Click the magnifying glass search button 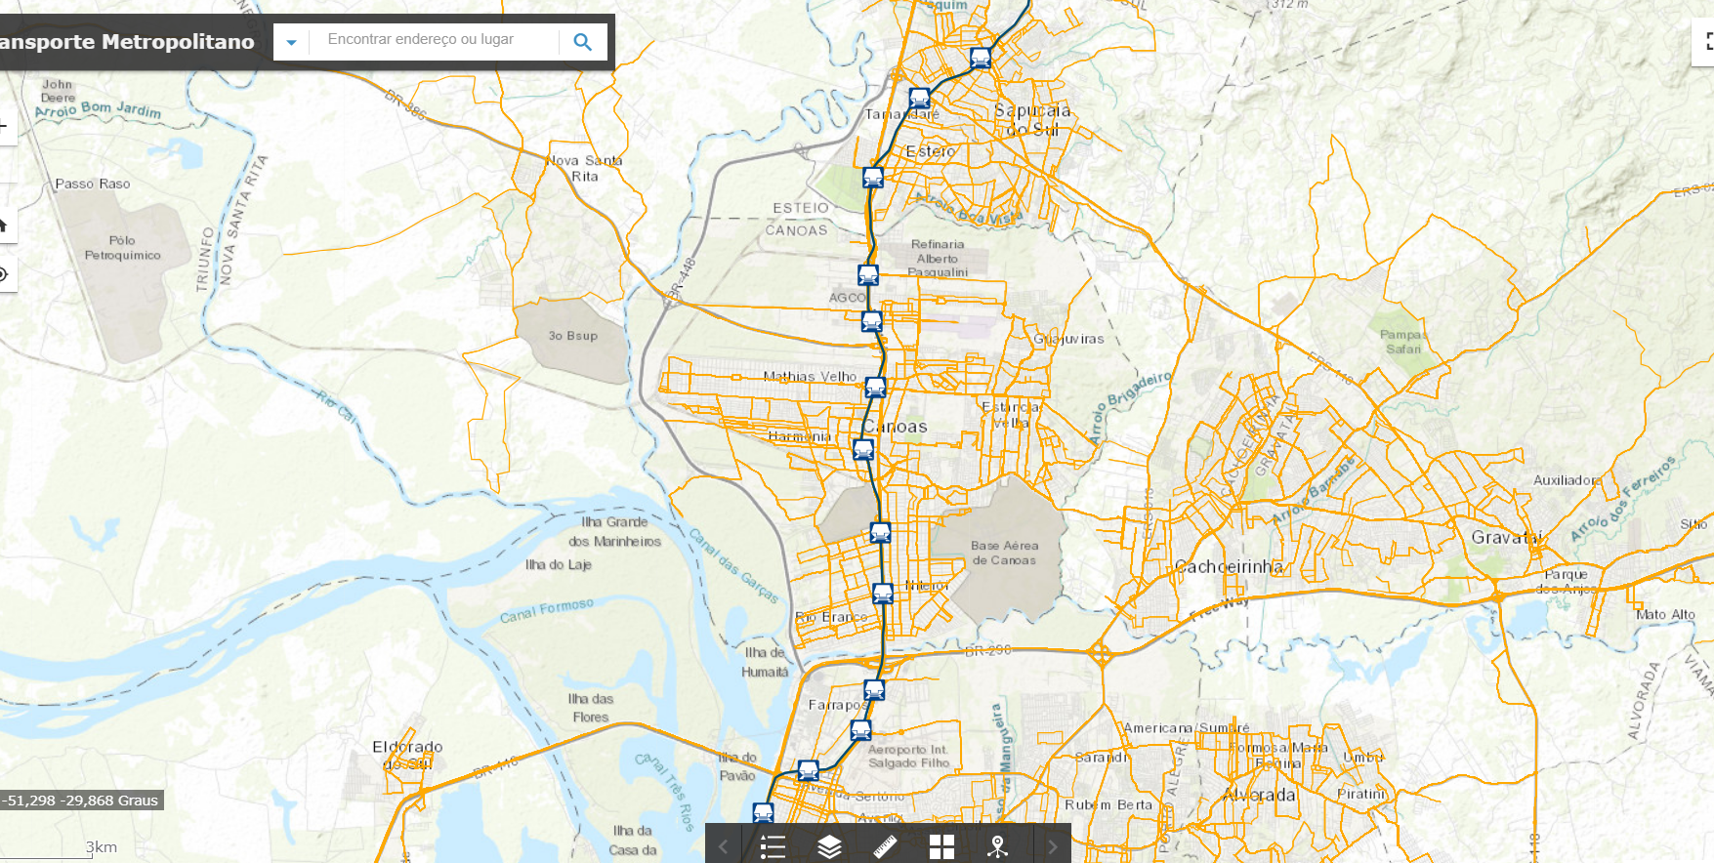583,42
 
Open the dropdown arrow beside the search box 291,42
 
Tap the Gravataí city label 1506,537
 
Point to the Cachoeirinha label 1229,566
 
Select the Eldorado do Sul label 407,755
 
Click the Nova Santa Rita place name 584,168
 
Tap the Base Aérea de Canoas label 1004,554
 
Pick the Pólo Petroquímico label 122,248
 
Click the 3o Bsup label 572,336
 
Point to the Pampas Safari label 1403,342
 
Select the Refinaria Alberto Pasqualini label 938,259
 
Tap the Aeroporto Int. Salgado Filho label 908,757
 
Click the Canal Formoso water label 546,610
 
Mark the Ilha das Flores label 591,708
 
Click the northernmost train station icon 981,59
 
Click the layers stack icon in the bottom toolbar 829,846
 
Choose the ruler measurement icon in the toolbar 885,846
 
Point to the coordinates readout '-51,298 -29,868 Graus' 80,801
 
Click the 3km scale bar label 101,847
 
